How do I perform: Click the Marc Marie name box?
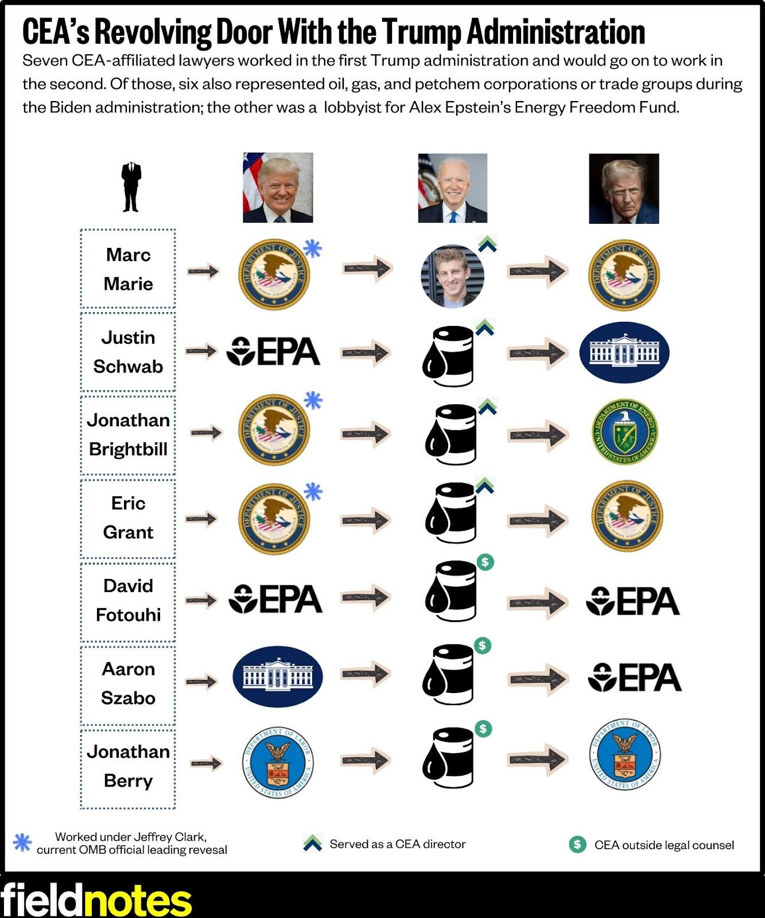point(128,269)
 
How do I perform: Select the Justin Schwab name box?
point(128,352)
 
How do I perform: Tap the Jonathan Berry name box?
point(128,767)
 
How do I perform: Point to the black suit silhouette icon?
point(131,187)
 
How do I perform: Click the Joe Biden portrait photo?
point(452,188)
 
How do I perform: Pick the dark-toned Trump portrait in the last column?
point(624,188)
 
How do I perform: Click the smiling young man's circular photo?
point(452,276)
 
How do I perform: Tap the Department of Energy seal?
point(624,432)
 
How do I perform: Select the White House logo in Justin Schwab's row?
point(624,352)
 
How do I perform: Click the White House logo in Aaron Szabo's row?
point(277,676)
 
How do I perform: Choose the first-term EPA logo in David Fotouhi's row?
point(275,600)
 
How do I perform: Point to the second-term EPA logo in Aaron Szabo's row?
point(635,678)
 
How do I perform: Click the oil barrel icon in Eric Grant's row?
point(451,513)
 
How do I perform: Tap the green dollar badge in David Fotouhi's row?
point(486,562)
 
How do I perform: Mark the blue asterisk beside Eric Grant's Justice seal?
point(313,492)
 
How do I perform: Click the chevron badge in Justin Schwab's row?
point(485,328)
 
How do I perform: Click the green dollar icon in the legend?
point(577,844)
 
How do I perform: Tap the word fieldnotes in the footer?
point(96,900)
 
